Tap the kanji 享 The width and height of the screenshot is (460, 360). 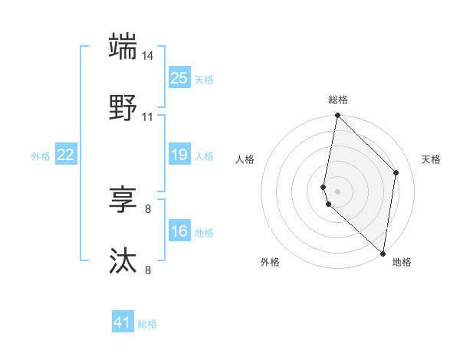(x=123, y=200)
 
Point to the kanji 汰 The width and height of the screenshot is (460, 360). (x=123, y=261)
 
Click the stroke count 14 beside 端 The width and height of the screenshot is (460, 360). (x=148, y=56)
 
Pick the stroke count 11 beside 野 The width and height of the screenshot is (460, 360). (x=148, y=117)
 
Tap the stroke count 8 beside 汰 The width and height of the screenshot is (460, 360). (x=148, y=270)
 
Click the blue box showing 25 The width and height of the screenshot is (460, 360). (x=179, y=77)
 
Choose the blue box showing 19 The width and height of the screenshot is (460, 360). (x=179, y=155)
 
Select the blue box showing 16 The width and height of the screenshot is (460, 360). (x=179, y=231)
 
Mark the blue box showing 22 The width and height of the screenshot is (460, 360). (x=65, y=155)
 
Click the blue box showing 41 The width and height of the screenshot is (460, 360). (x=123, y=322)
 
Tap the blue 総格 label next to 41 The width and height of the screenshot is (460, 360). (x=147, y=324)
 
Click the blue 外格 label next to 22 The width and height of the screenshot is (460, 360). (x=41, y=156)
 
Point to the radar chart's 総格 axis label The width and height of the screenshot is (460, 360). (x=338, y=100)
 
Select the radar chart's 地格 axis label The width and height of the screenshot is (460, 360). (x=402, y=262)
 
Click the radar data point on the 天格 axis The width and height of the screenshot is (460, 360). (x=396, y=172)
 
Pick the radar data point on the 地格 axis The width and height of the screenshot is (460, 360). (x=383, y=254)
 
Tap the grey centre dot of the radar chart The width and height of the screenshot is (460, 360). (x=338, y=191)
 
